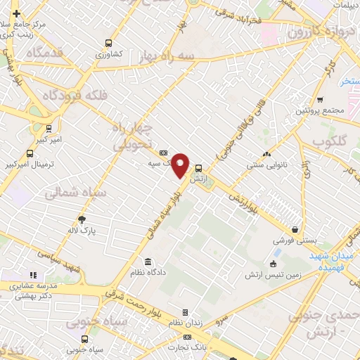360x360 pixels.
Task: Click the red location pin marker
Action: coord(181,165)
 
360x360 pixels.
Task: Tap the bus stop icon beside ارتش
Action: coord(199,168)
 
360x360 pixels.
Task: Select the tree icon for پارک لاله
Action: coord(82,219)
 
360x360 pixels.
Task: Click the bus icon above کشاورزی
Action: coord(108,43)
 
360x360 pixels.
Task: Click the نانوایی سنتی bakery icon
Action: coord(266,155)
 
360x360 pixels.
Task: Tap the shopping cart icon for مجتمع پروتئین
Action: coord(321,100)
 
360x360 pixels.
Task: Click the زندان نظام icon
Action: coord(185,312)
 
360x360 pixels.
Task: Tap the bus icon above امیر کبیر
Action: coord(49,129)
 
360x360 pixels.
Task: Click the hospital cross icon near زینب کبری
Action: coord(16,13)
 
